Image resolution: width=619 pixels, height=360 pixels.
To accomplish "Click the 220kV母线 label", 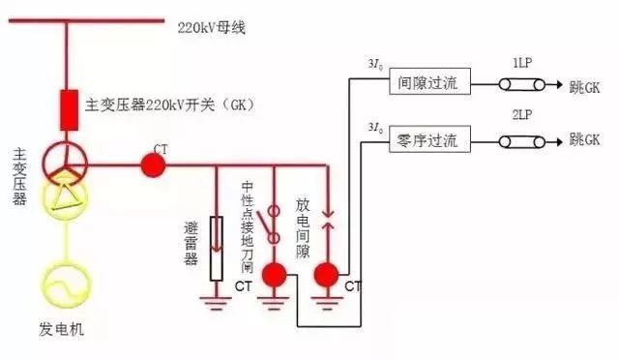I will point(211,27).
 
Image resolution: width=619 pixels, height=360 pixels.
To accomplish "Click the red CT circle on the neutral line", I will point(152,165).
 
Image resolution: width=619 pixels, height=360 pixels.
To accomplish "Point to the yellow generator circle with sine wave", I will point(68,280).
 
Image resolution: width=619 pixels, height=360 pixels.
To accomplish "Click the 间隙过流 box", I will point(429,84).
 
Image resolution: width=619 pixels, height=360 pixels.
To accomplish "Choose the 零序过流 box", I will point(429,142).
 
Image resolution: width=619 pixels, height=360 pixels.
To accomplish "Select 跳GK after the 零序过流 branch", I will point(584,142).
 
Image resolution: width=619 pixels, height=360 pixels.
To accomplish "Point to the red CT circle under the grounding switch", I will point(275,276).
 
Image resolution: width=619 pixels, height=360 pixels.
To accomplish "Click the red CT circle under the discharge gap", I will point(328,276).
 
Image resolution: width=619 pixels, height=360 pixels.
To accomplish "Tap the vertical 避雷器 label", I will point(192,244).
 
